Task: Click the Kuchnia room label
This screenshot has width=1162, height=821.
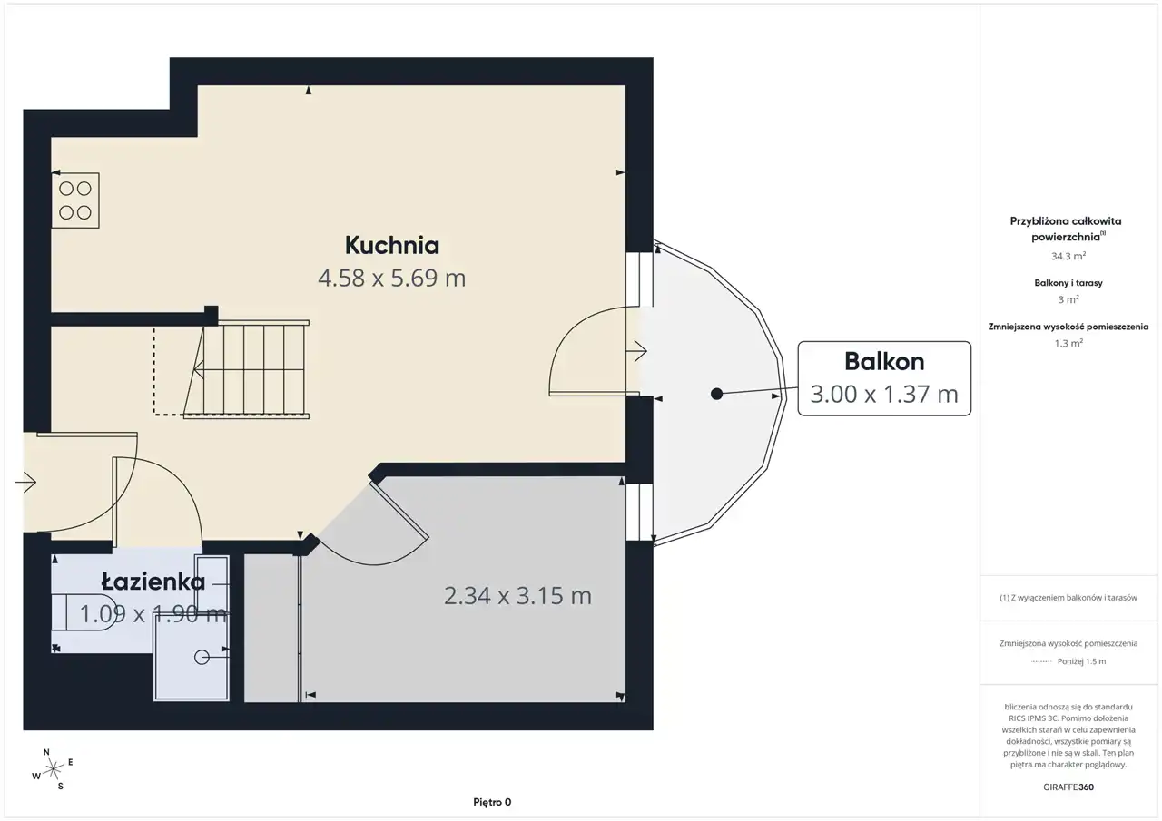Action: [391, 245]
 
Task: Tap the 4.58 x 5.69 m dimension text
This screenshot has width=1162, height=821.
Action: [391, 279]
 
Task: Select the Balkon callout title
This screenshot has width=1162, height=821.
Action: [884, 361]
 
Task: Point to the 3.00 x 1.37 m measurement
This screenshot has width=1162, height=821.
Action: [884, 394]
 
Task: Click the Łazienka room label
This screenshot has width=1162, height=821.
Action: [153, 582]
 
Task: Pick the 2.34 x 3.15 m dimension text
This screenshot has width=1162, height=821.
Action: [517, 595]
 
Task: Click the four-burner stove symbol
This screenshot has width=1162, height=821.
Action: [75, 200]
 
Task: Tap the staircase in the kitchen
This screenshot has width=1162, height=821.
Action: [246, 369]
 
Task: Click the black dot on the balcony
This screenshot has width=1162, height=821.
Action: [716, 394]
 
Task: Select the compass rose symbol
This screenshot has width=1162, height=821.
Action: [53, 768]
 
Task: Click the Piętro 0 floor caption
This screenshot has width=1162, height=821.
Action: [492, 802]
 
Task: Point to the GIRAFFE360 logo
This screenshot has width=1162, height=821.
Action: [1068, 787]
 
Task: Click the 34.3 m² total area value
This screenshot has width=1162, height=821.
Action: [1068, 256]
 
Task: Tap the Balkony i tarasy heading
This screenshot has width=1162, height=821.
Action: [1068, 283]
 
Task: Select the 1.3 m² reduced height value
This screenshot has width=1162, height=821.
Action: [1068, 343]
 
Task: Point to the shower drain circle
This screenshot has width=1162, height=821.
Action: [202, 657]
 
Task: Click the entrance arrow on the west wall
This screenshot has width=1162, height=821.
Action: [25, 483]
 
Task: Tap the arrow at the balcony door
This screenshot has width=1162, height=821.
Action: [636, 351]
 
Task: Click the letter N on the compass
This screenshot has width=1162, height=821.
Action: [46, 752]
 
